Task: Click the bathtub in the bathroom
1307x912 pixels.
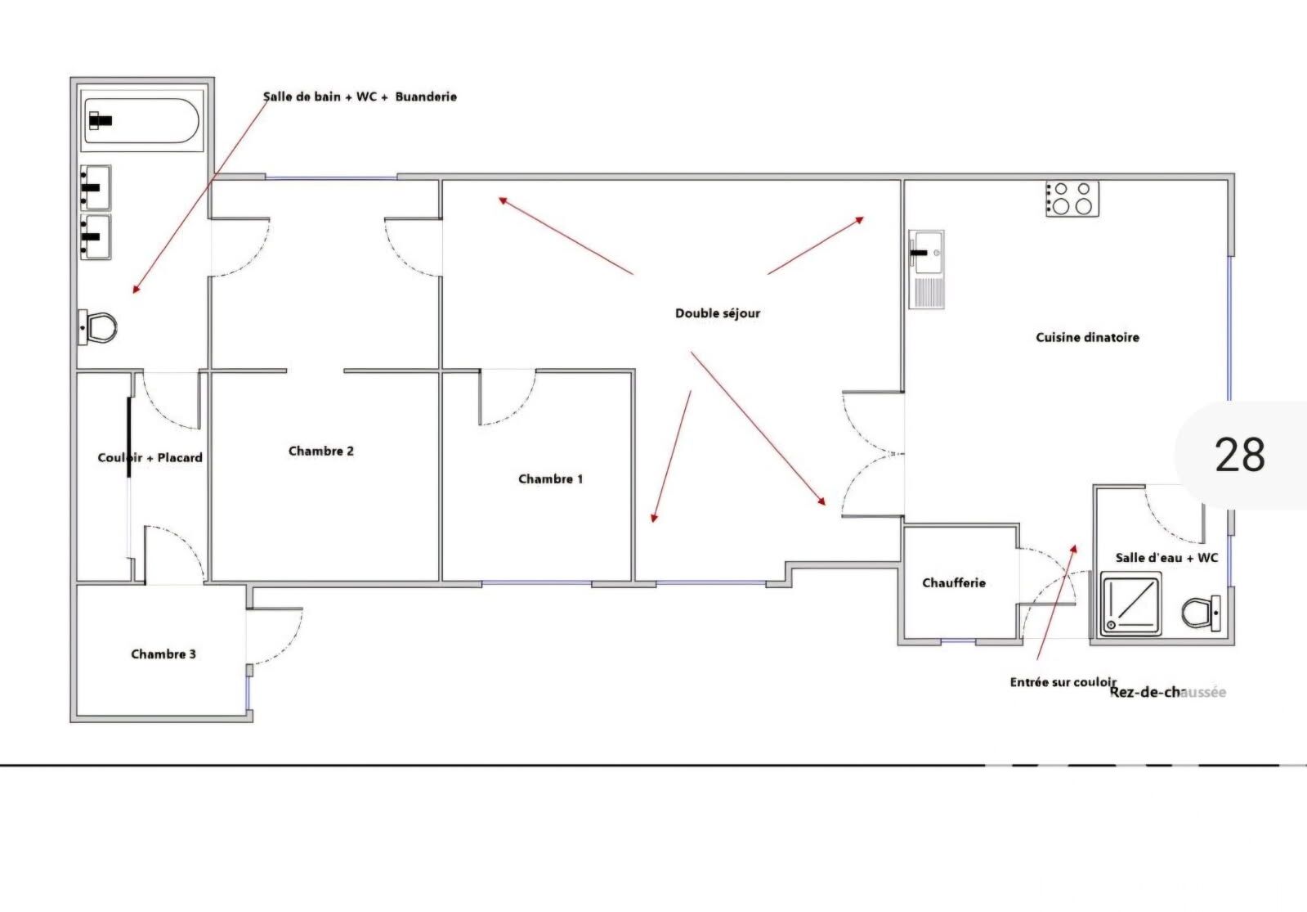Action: click(141, 121)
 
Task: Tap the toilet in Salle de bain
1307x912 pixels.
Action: click(97, 327)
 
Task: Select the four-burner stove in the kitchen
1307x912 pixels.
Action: click(1072, 199)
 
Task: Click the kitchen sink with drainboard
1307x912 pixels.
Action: click(927, 269)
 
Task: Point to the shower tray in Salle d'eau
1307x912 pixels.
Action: click(1130, 604)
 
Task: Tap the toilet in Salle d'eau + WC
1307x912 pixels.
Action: click(1201, 613)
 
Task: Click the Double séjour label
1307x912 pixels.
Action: click(718, 313)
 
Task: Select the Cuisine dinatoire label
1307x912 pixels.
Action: click(1088, 338)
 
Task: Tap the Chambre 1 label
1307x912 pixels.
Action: click(550, 479)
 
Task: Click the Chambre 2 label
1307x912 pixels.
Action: click(321, 452)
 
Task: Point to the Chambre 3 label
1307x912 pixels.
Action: click(163, 654)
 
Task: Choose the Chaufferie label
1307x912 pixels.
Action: click(954, 582)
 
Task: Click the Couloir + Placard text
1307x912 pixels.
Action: click(150, 458)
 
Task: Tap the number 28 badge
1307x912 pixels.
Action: click(1241, 455)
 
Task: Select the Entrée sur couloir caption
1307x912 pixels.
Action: click(1063, 682)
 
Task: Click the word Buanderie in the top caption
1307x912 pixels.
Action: click(426, 97)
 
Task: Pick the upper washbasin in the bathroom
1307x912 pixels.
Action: click(96, 187)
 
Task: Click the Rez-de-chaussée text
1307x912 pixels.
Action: click(1167, 693)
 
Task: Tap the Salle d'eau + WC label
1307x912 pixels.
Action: click(1167, 558)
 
